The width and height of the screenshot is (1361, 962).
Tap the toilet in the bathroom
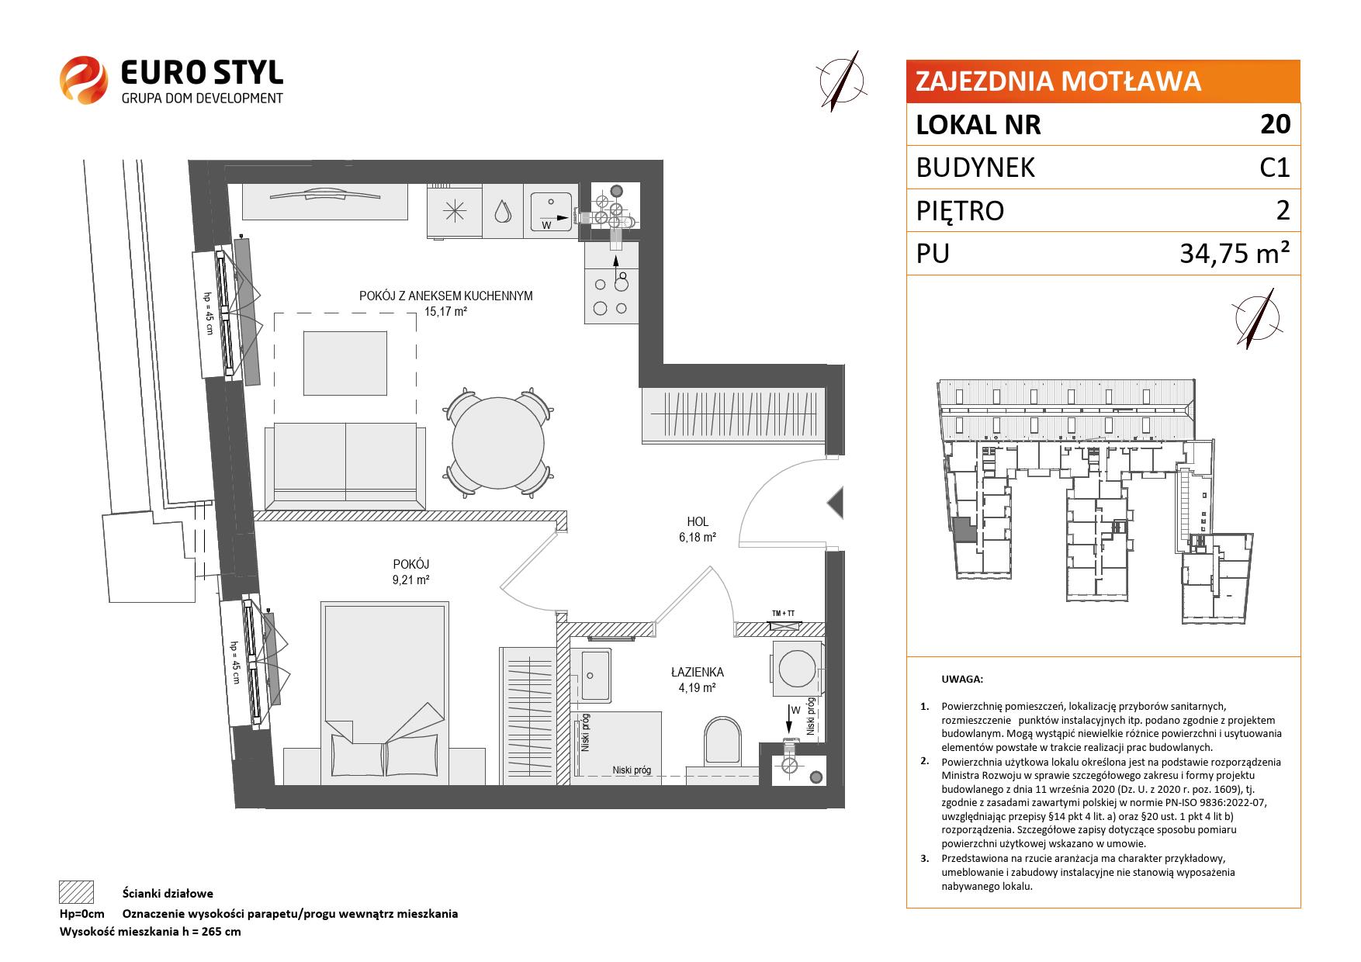723,744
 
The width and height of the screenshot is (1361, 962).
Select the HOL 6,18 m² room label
698,529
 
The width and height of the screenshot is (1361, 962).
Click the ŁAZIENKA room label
698,672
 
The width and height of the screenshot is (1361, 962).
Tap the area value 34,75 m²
1235,253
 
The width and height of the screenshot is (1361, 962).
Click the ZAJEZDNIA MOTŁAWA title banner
1103,81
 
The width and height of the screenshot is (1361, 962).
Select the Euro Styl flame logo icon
83,79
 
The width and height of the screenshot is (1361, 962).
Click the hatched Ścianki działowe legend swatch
77,892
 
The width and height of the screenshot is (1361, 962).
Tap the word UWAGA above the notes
962,680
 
